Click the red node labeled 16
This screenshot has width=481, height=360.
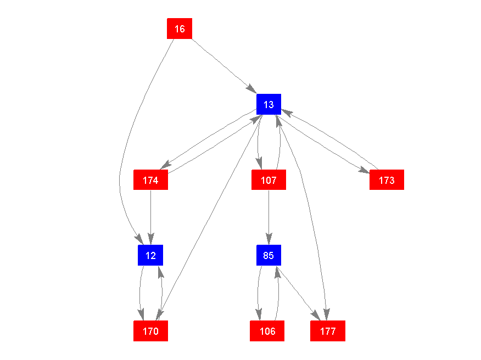click(x=180, y=29)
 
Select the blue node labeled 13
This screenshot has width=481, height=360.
click(x=269, y=104)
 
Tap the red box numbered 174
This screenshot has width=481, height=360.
click(x=150, y=180)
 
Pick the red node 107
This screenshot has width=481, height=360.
click(x=269, y=180)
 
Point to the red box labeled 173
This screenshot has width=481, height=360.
click(x=387, y=180)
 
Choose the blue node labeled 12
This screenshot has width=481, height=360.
click(x=150, y=255)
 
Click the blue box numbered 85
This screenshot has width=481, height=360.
click(x=269, y=255)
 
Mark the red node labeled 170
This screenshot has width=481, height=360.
click(x=150, y=331)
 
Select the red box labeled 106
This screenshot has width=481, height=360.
click(x=267, y=331)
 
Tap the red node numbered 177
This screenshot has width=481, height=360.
click(x=328, y=331)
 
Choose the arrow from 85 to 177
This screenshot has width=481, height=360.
click(x=299, y=294)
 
